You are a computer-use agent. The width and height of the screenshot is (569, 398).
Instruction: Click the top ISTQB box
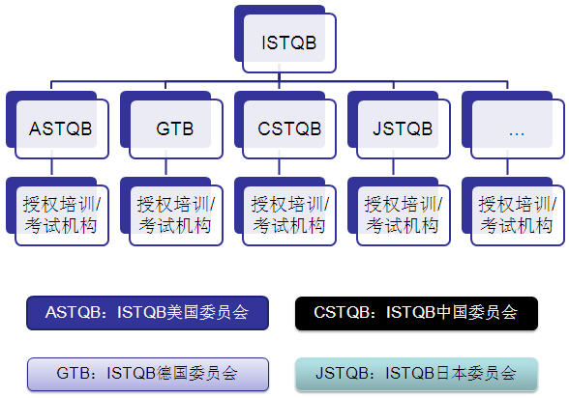pyautogui.click(x=285, y=39)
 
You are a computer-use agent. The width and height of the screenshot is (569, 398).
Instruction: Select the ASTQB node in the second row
pyautogui.click(x=57, y=125)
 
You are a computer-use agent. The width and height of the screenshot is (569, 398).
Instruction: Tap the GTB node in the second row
pyautogui.click(x=171, y=125)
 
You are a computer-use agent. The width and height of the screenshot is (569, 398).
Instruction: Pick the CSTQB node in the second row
pyautogui.click(x=285, y=125)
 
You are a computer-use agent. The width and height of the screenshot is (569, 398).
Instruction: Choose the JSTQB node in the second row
pyautogui.click(x=399, y=125)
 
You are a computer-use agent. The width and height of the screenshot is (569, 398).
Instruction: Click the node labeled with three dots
pyautogui.click(x=513, y=125)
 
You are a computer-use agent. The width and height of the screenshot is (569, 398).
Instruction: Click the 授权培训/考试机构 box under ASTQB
pyautogui.click(x=57, y=212)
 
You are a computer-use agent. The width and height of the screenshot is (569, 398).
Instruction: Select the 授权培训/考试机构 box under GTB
pyautogui.click(x=171, y=212)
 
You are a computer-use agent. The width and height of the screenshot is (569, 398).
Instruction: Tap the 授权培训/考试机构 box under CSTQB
pyautogui.click(x=285, y=212)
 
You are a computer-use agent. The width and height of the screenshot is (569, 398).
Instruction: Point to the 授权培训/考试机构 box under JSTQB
pyautogui.click(x=399, y=212)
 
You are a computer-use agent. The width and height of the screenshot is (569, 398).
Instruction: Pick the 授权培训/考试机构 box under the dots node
pyautogui.click(x=513, y=212)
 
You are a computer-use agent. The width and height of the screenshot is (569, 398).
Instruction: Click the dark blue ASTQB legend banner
pyautogui.click(x=148, y=313)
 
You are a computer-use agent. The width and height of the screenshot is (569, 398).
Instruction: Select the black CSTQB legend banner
pyautogui.click(x=416, y=313)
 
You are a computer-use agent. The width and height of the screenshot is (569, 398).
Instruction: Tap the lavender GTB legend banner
pyautogui.click(x=148, y=374)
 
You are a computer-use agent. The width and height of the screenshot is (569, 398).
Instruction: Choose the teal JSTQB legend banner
pyautogui.click(x=416, y=374)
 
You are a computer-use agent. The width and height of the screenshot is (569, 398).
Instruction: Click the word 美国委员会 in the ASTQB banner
pyautogui.click(x=207, y=313)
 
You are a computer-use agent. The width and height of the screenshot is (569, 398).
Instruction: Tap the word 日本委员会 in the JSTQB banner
pyautogui.click(x=476, y=374)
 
